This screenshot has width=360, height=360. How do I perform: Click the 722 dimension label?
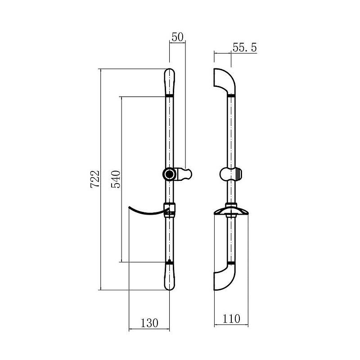pyautogui.click(x=95, y=179)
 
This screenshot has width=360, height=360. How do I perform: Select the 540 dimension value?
pyautogui.click(x=116, y=179)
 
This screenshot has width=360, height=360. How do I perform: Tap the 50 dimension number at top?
pyautogui.click(x=177, y=37)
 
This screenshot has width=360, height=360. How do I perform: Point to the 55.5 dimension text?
pyautogui.click(x=244, y=48)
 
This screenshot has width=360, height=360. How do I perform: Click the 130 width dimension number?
pyautogui.click(x=149, y=323)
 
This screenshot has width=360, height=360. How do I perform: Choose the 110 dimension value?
pyautogui.click(x=231, y=319)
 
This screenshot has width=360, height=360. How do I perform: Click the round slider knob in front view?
pyautogui.click(x=170, y=174)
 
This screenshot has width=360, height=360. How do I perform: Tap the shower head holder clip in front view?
pyautogui.click(x=184, y=174)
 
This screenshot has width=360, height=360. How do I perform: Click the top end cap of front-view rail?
pyautogui.click(x=170, y=82)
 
